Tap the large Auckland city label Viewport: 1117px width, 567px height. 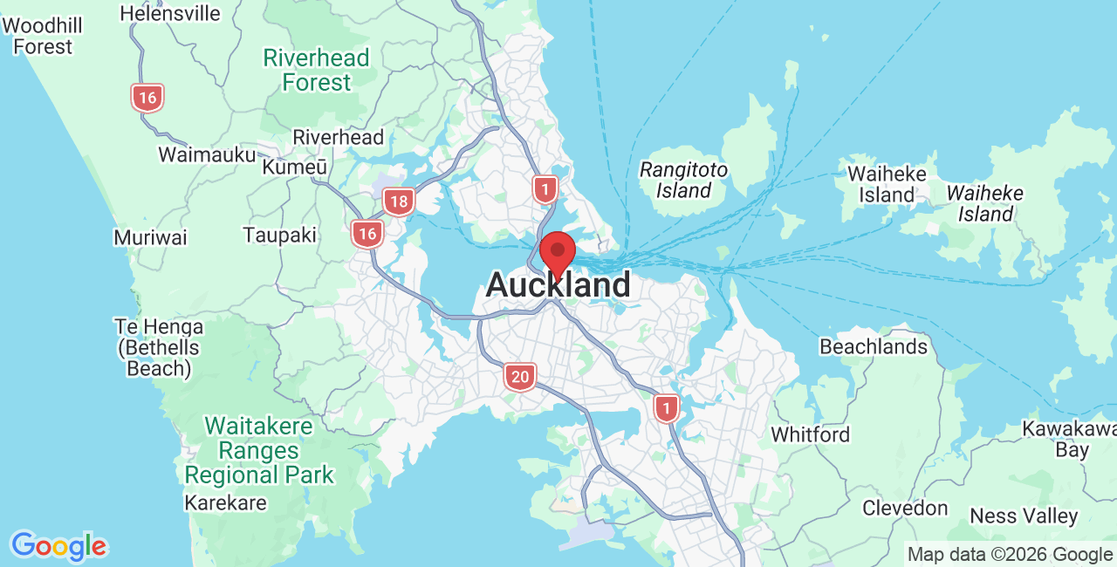pos(558,285)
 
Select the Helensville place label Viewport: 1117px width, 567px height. pos(170,14)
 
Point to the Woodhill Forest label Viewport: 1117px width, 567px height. pos(42,36)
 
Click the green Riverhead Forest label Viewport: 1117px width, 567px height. pos(317,71)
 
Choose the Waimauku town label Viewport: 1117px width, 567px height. pos(207,155)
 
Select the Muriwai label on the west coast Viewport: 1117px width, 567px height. pos(150,238)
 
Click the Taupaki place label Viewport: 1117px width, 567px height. pos(279,236)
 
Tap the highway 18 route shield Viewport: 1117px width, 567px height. pos(399,202)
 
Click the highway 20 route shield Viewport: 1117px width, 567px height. pos(520,377)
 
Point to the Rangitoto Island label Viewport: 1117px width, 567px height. pos(683,180)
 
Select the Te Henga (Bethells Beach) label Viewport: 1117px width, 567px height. pos(159,348)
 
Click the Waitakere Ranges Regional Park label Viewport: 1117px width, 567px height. pos(259,451)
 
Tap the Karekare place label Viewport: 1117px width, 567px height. pos(225,503)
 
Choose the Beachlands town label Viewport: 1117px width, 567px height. pos(873,347)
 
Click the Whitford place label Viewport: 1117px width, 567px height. pos(810,434)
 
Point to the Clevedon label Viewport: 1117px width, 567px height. pos(905,508)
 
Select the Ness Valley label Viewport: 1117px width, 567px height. pos(1024,516)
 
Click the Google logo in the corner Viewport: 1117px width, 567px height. pos(58,547)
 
